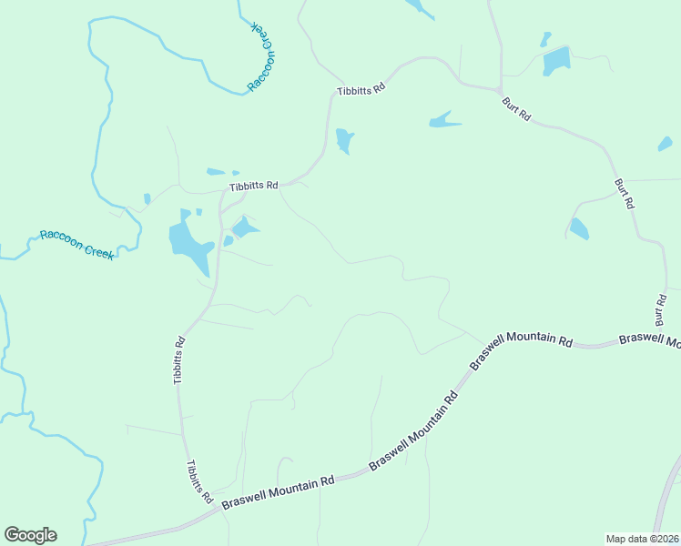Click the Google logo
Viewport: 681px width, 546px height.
[x=30, y=535]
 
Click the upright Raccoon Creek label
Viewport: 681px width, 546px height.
[x=76, y=245]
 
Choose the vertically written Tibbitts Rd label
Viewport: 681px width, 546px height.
[x=180, y=360]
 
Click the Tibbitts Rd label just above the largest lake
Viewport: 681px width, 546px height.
[x=254, y=185]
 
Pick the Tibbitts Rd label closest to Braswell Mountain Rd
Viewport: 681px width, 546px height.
[x=199, y=482]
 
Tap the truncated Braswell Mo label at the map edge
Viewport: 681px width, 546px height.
[x=649, y=340]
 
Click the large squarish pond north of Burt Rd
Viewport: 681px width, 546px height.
[x=555, y=61]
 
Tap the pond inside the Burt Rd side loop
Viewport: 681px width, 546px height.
[x=579, y=228]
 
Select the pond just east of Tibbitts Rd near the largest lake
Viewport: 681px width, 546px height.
[x=244, y=227]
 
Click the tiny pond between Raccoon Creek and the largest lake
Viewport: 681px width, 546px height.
[x=147, y=198]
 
